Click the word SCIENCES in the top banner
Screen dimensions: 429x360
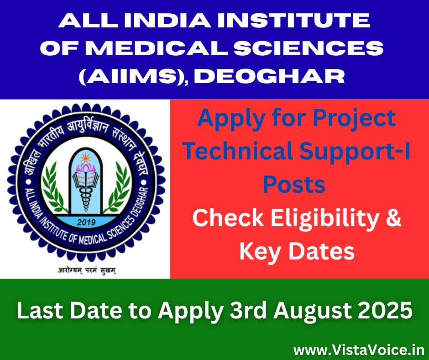[309, 48]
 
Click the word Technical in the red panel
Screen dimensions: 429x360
[238, 151]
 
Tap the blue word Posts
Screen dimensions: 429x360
[294, 185]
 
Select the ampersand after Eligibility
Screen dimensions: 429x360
[394, 218]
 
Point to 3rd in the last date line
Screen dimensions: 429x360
[248, 311]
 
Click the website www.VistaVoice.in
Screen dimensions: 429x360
[359, 350]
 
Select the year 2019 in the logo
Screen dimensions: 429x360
[86, 222]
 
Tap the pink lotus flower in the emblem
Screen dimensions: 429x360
[86, 167]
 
